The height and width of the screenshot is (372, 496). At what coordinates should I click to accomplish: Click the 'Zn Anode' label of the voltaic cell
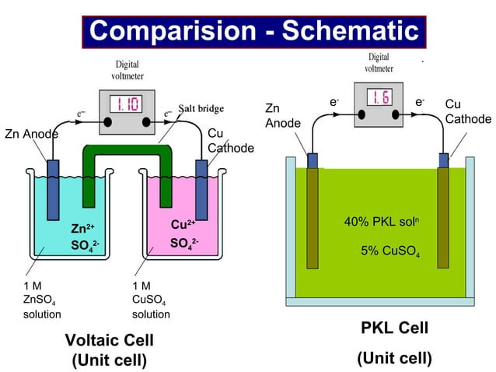point(31,134)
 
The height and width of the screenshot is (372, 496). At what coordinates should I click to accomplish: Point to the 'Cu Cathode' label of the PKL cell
point(467,111)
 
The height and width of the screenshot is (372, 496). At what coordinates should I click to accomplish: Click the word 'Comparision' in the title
point(179,31)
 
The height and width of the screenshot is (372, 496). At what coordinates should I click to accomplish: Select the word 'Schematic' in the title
point(350,31)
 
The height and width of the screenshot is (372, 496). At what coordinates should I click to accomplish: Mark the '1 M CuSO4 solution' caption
point(150,300)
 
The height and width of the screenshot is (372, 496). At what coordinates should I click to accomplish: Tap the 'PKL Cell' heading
point(394,328)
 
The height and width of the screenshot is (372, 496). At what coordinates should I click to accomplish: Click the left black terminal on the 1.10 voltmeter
point(107,122)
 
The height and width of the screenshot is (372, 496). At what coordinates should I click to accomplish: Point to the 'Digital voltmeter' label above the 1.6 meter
point(379,62)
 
